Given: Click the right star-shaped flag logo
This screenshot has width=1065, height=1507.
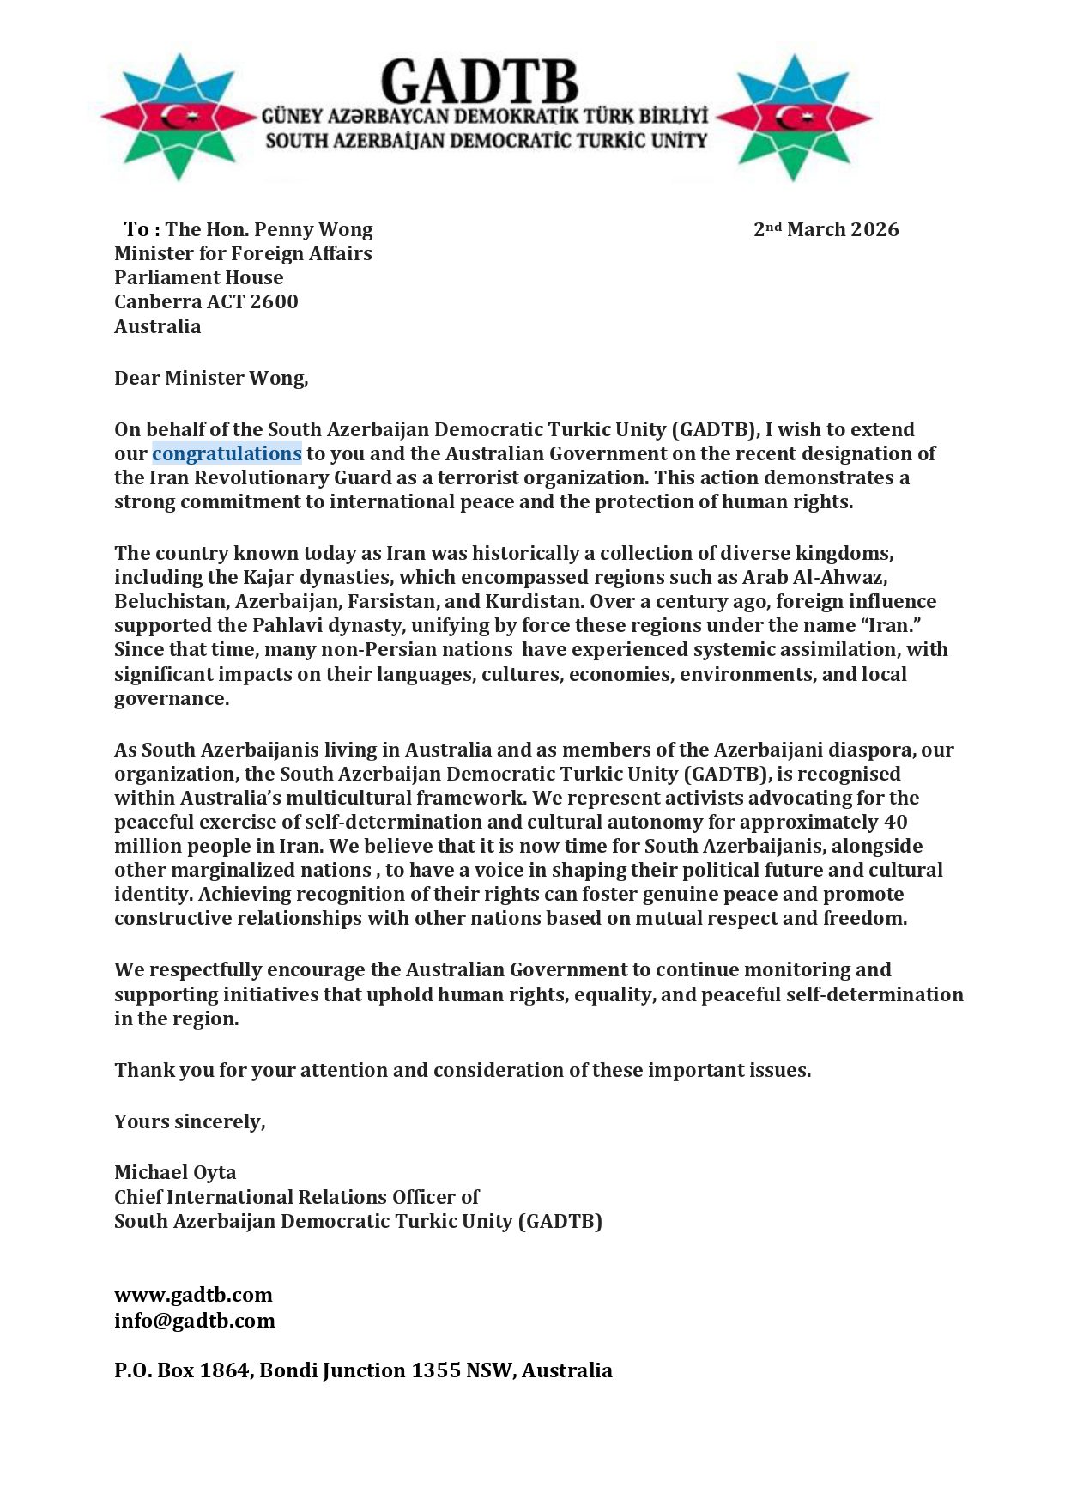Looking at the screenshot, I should point(793,117).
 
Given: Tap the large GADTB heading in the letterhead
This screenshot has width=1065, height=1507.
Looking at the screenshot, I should point(479,82).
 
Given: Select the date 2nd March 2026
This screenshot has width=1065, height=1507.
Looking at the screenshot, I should point(826,229).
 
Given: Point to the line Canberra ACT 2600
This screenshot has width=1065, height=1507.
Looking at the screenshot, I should point(206,301).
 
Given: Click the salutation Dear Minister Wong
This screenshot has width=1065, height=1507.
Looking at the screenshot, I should point(210,378).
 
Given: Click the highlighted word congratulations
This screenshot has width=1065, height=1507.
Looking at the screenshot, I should point(227,453).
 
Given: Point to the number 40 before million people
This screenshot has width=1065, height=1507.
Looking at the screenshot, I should point(895,822).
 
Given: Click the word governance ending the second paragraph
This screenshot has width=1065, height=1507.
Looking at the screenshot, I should point(171,698).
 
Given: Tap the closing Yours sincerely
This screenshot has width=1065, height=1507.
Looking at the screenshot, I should point(190,1121).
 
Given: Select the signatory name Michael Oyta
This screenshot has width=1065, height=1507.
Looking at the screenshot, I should point(175,1172).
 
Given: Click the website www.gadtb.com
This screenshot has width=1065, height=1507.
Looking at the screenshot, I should point(193,1295).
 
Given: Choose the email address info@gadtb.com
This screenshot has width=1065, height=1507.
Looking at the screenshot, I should point(194,1320).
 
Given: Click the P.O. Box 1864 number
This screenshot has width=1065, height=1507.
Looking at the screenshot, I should point(225,1370).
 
